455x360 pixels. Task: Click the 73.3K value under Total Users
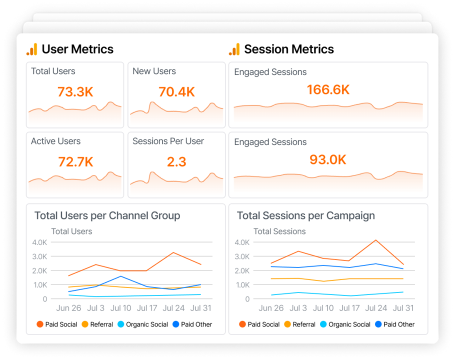(x=75, y=92)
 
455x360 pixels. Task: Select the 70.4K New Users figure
(x=176, y=92)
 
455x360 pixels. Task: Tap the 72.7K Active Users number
(x=75, y=162)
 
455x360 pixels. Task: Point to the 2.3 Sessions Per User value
(x=176, y=162)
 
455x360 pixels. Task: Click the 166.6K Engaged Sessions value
(x=328, y=90)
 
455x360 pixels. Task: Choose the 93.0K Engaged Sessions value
(x=328, y=160)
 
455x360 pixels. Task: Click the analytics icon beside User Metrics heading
(x=32, y=49)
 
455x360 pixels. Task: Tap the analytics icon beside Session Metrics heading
(x=234, y=49)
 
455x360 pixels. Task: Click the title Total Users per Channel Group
(x=107, y=216)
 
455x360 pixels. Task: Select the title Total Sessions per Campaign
(x=305, y=216)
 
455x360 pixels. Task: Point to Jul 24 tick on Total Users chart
(x=174, y=308)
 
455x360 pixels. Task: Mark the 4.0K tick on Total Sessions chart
(x=242, y=242)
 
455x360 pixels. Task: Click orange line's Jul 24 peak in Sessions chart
(x=376, y=240)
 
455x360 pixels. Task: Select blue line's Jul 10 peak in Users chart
(x=121, y=276)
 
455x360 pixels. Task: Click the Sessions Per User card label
(x=168, y=141)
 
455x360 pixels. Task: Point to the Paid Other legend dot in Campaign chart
(x=378, y=324)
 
